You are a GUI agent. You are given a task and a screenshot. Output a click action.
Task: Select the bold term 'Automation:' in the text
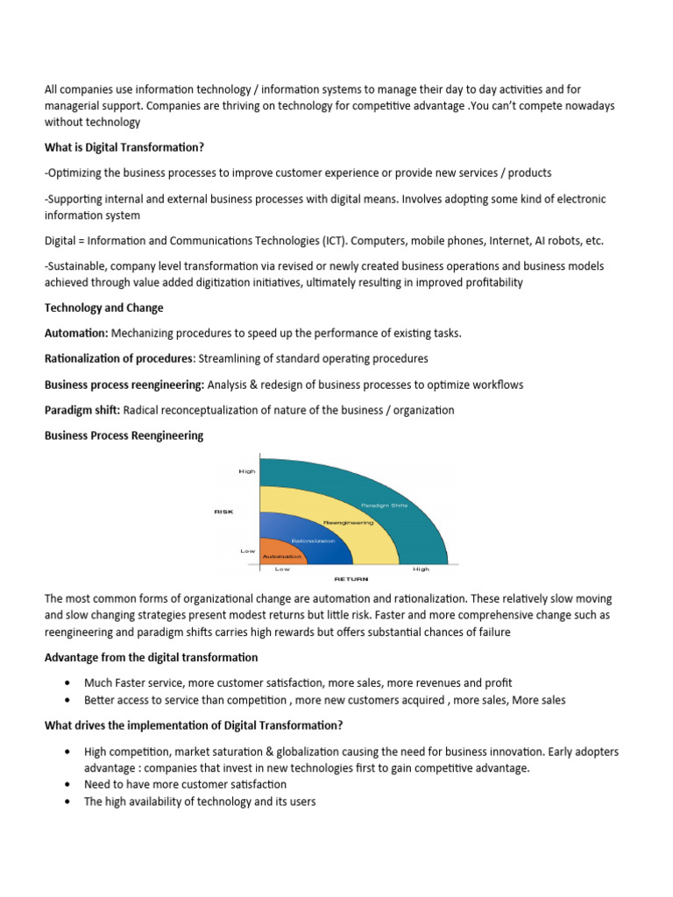click(x=76, y=334)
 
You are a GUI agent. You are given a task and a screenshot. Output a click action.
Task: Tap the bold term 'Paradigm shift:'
click(x=83, y=410)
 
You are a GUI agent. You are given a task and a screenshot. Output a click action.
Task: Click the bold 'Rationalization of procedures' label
click(x=119, y=359)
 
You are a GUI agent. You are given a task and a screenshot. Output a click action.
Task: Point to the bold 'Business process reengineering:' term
click(x=124, y=385)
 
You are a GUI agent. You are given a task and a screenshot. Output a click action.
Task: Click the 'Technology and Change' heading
click(x=103, y=308)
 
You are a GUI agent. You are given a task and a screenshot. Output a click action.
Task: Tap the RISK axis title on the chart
click(x=223, y=511)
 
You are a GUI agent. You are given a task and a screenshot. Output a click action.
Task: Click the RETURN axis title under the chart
click(x=351, y=578)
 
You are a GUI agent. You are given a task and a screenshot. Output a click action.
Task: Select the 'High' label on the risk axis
click(x=247, y=471)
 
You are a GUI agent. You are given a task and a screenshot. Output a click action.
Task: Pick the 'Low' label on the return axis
click(x=282, y=569)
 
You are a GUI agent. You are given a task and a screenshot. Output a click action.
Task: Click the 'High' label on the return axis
click(x=421, y=569)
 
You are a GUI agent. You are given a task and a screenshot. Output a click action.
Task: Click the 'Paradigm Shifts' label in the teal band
click(x=384, y=505)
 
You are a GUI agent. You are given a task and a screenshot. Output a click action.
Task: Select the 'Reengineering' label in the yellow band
click(x=348, y=522)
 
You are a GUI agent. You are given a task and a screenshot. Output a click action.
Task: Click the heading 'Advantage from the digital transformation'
click(x=151, y=657)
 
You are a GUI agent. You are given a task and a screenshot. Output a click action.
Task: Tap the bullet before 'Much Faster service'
click(x=67, y=682)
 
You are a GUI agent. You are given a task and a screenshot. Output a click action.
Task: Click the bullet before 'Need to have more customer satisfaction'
click(x=67, y=784)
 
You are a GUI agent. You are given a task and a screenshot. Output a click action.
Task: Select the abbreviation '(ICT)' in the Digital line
click(x=341, y=241)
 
